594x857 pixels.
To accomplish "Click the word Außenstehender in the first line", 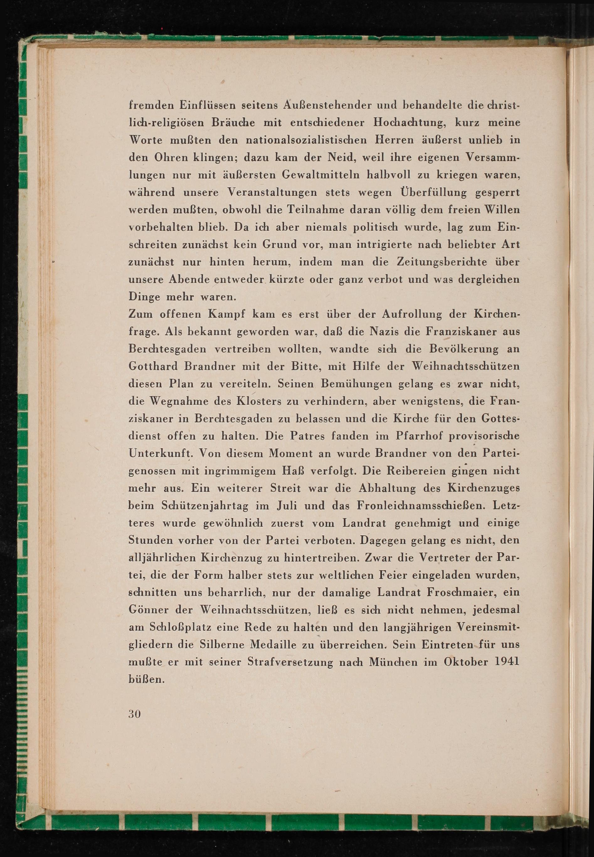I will coord(325,105).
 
